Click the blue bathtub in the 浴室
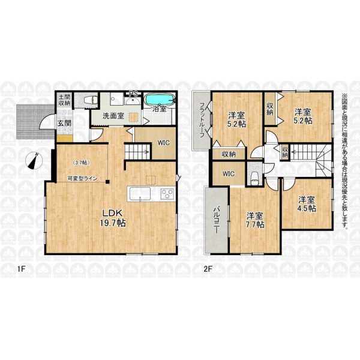pos(160,100)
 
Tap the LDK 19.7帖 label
pos(113,218)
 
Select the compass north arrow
pos(34,161)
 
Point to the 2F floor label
pos(208,269)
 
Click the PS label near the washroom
pos(133,94)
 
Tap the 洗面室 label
pos(113,116)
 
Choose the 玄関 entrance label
pos(64,123)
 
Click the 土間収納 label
pos(64,100)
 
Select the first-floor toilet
pos(91,100)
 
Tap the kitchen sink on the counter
pos(140,194)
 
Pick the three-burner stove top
pos(167,193)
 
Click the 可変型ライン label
pos(82,178)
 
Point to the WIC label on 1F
pos(163,143)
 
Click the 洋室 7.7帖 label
pos(255,220)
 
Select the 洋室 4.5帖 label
pos(307,204)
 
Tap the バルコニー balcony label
pos(216,220)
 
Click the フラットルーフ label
pos(202,119)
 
